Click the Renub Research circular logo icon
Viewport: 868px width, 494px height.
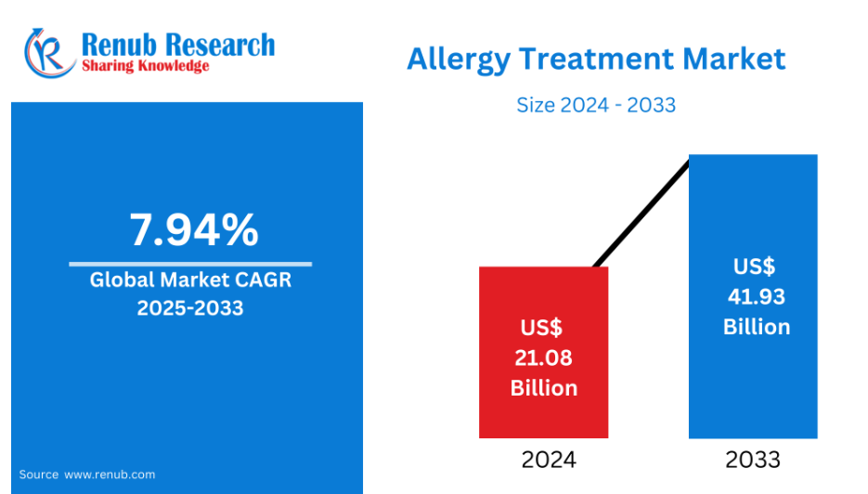[x=49, y=53]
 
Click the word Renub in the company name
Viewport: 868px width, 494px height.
[x=119, y=45]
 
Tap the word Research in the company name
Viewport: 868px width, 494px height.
[x=219, y=45]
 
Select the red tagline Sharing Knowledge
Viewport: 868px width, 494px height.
[x=146, y=66]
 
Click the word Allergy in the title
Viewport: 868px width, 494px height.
[x=459, y=59]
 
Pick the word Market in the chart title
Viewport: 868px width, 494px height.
[x=734, y=58]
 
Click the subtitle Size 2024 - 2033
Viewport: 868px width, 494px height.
[x=596, y=105]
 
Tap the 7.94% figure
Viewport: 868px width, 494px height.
[x=194, y=229]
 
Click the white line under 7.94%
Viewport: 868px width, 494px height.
[x=190, y=264]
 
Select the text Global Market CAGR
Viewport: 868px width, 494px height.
[x=190, y=279]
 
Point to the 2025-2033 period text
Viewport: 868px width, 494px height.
[x=190, y=308]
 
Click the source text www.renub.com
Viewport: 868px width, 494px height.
[x=110, y=474]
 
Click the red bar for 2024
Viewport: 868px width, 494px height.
[x=544, y=352]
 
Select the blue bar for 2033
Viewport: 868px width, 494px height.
[x=753, y=296]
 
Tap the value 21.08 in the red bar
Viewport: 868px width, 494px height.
[x=544, y=357]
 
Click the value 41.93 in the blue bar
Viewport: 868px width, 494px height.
[x=757, y=297]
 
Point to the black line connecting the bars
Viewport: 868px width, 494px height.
[x=641, y=214]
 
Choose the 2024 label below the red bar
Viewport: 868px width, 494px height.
[x=549, y=460]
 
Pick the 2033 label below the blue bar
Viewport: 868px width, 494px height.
[x=753, y=460]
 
